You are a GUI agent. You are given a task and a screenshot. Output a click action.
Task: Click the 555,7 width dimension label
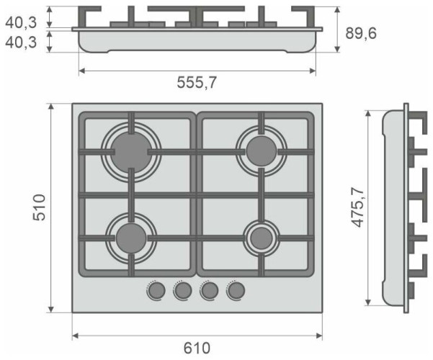click(x=197, y=83)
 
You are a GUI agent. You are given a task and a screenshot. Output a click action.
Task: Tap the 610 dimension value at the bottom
click(x=197, y=348)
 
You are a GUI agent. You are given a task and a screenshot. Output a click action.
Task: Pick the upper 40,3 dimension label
click(x=22, y=22)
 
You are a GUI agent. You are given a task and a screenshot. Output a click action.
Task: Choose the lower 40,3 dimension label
click(x=22, y=43)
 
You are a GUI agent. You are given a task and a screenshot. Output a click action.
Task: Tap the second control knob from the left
click(x=183, y=290)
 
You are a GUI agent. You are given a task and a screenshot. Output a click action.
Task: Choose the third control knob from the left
click(x=209, y=290)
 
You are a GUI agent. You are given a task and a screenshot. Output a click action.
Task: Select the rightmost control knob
click(x=235, y=290)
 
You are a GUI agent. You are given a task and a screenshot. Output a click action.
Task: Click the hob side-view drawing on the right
click(x=396, y=209)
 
